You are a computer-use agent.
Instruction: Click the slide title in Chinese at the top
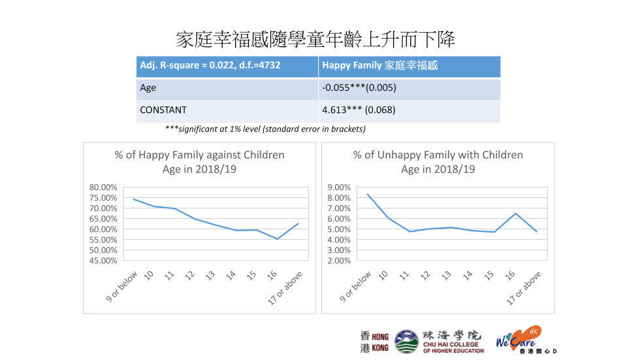click(315, 39)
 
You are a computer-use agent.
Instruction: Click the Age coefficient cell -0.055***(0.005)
click(359, 88)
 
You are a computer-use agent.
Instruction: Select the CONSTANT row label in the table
click(163, 110)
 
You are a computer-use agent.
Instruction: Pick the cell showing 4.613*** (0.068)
click(359, 110)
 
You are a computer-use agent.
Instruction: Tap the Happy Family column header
click(379, 66)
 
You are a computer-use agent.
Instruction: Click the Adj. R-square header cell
click(210, 66)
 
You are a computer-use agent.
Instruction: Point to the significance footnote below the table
click(265, 129)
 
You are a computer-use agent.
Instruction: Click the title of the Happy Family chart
click(200, 162)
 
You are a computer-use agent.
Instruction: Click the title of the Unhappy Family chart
click(438, 162)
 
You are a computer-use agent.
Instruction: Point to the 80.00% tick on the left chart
click(103, 188)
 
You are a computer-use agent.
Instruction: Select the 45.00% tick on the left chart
click(103, 261)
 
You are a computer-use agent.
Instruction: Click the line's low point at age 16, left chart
click(276, 239)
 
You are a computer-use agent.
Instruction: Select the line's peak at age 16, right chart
click(516, 214)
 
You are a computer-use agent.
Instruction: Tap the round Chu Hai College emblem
click(406, 342)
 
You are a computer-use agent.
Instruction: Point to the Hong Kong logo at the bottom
click(374, 342)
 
